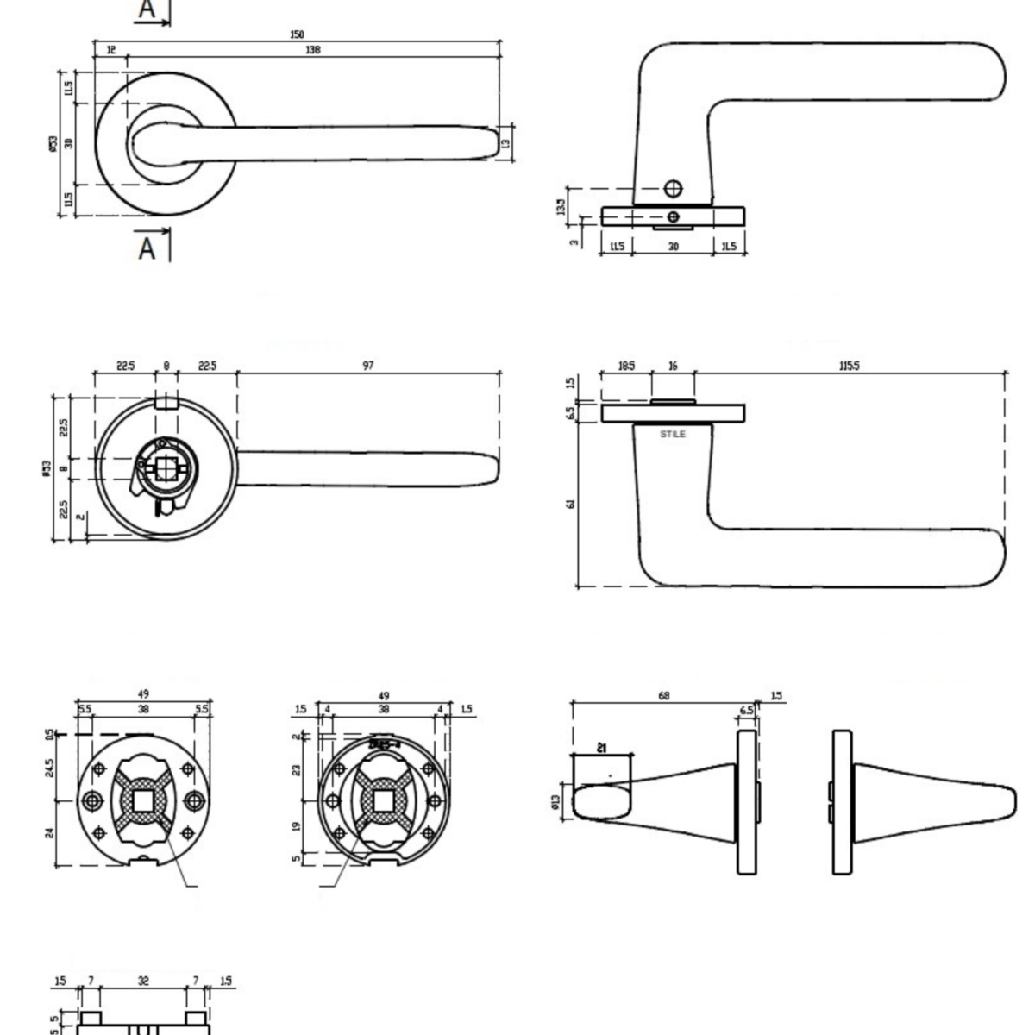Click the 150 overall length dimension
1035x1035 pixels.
click(297, 34)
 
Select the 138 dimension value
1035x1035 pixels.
click(312, 50)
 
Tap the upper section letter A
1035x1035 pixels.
click(147, 10)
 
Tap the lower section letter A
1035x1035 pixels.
click(147, 249)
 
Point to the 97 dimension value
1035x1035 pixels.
click(368, 366)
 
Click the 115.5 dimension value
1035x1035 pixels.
click(849, 366)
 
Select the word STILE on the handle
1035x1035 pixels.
click(673, 434)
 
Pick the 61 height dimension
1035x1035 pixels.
click(570, 505)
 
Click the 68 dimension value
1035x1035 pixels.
click(663, 695)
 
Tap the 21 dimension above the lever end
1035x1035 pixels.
click(602, 748)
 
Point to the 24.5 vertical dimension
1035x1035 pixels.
click(50, 767)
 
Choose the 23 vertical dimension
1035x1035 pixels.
click(296, 770)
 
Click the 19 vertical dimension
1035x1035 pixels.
click(296, 825)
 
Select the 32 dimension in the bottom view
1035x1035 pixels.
click(143, 981)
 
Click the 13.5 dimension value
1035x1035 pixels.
click(561, 207)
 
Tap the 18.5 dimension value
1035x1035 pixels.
click(626, 366)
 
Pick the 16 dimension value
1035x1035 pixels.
click(673, 366)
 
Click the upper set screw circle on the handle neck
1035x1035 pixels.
click(673, 188)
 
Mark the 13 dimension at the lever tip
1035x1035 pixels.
click(506, 142)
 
